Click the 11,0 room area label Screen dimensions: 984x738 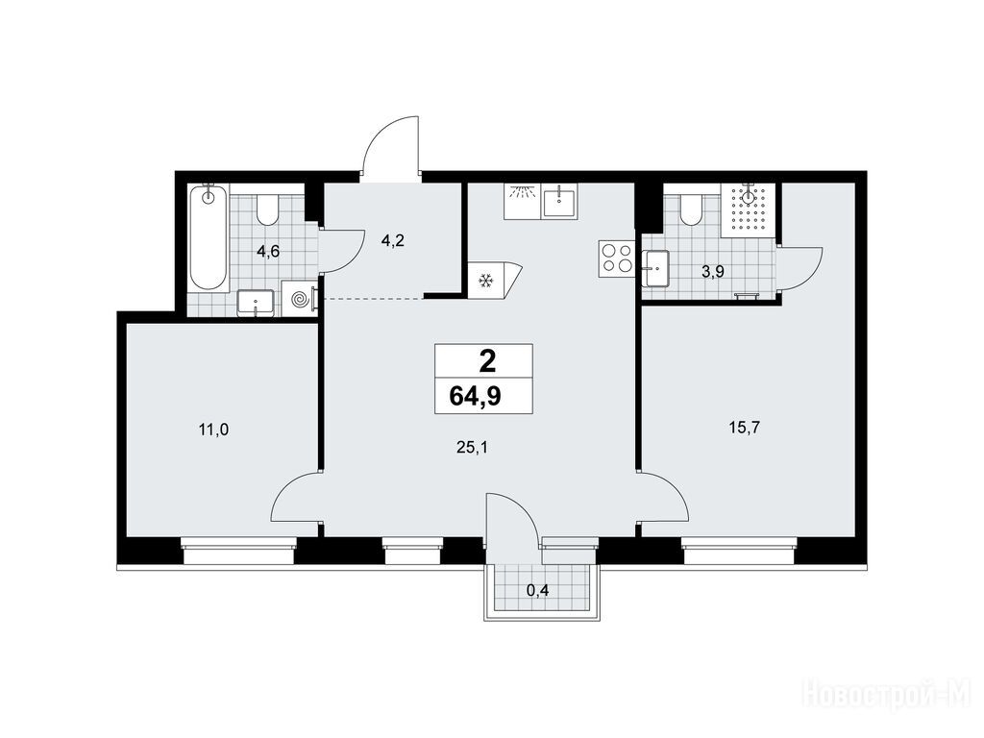tap(213, 430)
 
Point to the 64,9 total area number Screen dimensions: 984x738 tap(475, 397)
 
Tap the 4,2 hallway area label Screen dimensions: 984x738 tap(393, 239)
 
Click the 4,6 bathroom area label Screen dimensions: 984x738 tap(267, 253)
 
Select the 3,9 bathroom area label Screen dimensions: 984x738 tap(715, 272)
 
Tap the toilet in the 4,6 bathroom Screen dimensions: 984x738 tap(267, 209)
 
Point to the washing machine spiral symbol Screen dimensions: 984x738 tap(300, 299)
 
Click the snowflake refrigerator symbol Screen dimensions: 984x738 tap(485, 281)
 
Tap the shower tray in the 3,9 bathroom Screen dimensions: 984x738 tap(748, 210)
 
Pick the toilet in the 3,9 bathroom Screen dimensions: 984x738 tap(691, 209)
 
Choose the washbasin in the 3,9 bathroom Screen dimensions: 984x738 tap(655, 269)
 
